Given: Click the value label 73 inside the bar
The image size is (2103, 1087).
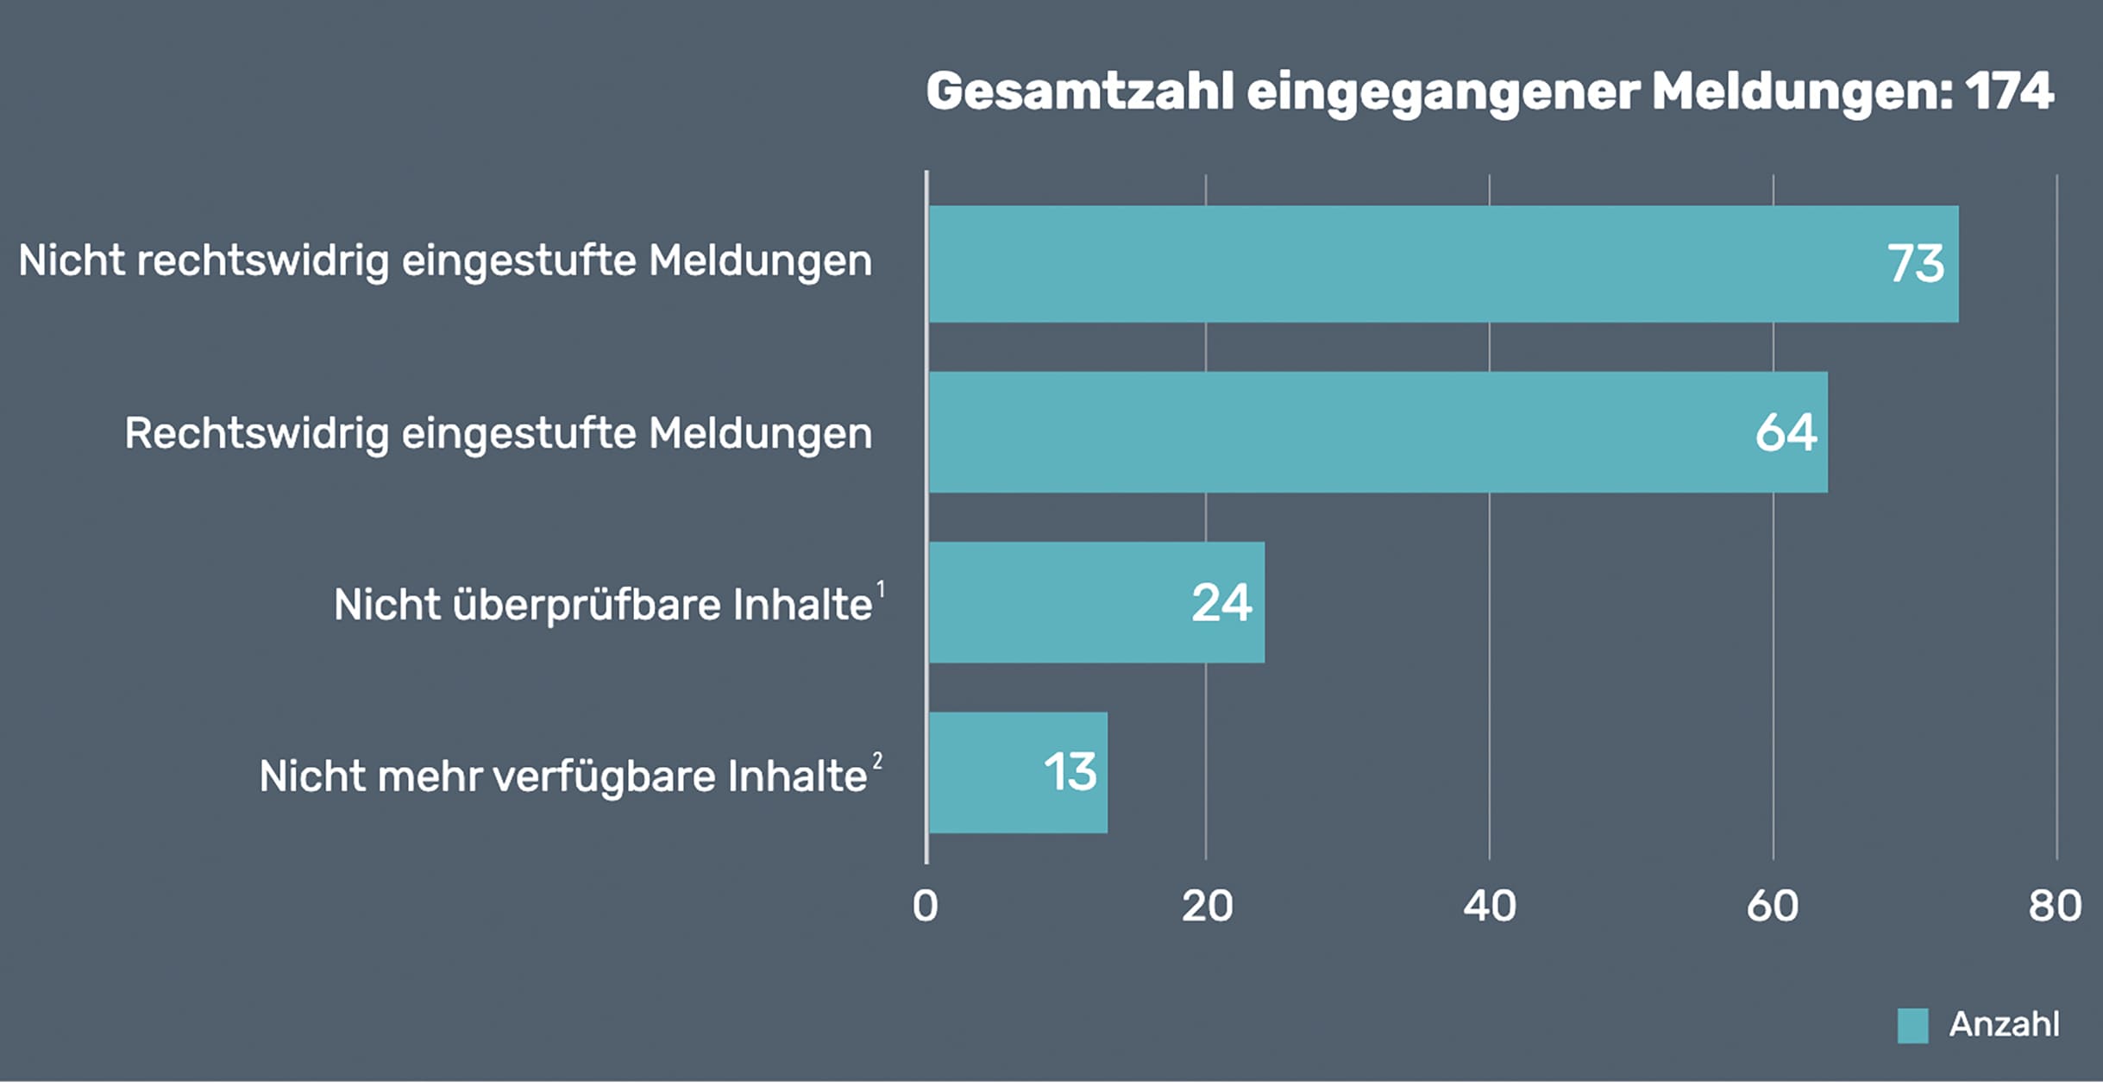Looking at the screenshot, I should (x=1915, y=264).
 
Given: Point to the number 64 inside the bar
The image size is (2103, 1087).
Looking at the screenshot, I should (x=1786, y=432).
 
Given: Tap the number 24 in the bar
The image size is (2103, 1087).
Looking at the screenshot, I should (x=1221, y=603).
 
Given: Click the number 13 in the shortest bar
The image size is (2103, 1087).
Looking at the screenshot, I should (x=1070, y=772).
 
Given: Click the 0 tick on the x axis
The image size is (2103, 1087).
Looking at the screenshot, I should (x=925, y=907).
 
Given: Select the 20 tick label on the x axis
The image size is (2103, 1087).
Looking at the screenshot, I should (x=1207, y=907).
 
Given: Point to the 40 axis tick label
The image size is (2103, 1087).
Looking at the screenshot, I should (x=1490, y=907).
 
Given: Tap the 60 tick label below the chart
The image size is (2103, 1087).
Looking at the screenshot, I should (x=1773, y=907).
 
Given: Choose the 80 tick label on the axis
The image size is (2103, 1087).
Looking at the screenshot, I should (x=2055, y=907).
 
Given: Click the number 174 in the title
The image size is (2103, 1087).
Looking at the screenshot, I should (x=2009, y=91).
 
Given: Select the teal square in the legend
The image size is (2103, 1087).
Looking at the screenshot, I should (x=1912, y=1026).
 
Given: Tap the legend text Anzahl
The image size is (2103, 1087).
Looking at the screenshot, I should (x=2004, y=1025).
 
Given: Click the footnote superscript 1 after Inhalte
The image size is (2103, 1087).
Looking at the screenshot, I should (x=881, y=588).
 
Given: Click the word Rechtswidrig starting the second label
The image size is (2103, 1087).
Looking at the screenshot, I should (x=256, y=433).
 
